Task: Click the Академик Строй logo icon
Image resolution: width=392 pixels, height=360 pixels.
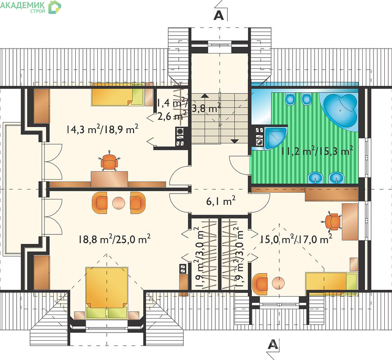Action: [x=55, y=7]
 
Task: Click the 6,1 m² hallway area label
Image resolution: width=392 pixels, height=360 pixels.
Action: [x=221, y=201]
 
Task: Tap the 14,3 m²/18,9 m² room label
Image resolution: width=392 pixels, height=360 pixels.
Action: [x=102, y=130]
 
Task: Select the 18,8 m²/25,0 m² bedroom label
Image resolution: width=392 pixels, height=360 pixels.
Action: [x=114, y=239]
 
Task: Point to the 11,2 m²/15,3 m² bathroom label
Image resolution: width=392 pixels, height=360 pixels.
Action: [x=317, y=151]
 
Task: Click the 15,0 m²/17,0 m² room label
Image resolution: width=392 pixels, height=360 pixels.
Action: [x=296, y=239]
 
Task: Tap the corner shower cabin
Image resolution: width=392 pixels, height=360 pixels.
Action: [x=274, y=138]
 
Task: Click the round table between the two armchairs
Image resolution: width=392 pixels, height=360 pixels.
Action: [x=119, y=203]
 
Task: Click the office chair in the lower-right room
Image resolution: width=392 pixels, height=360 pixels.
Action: [x=332, y=221]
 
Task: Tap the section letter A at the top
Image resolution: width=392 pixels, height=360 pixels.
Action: [x=219, y=15]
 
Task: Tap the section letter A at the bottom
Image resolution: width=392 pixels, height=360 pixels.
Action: [x=273, y=345]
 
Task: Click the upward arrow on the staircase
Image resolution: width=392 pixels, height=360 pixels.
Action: [x=205, y=95]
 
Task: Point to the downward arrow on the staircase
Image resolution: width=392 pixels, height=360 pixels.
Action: [x=234, y=141]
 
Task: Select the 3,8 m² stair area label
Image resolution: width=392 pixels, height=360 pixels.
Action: [x=206, y=108]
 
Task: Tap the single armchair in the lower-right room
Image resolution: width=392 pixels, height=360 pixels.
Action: [x=260, y=283]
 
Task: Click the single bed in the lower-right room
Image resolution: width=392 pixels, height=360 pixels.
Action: [x=332, y=284]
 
